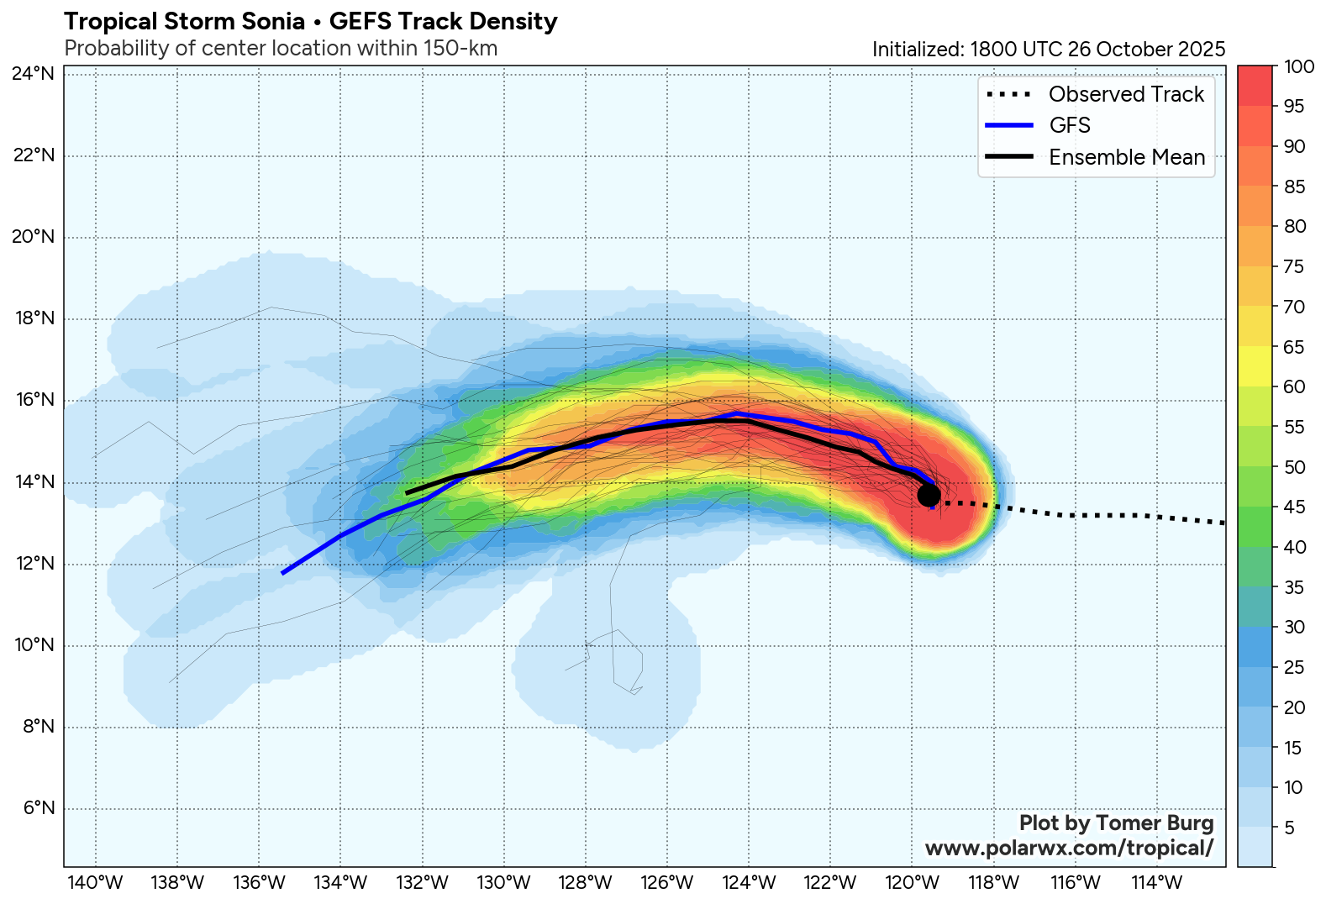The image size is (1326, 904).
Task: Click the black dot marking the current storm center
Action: [x=929, y=495]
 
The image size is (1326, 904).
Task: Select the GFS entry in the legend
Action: [x=1070, y=125]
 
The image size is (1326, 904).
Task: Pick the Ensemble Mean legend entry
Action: [x=1126, y=157]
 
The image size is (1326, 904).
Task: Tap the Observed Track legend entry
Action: [x=1126, y=94]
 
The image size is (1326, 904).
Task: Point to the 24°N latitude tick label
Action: [x=34, y=74]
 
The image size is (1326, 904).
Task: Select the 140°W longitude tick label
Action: [x=97, y=883]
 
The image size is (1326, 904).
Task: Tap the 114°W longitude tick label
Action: [x=1157, y=883]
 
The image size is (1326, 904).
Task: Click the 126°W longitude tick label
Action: [x=668, y=883]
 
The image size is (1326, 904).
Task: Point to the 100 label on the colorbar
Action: [x=1299, y=67]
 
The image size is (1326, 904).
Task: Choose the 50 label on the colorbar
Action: [x=1295, y=468]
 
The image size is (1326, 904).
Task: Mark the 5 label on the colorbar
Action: [x=1290, y=828]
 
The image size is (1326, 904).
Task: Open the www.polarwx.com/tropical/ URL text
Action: [x=1069, y=849]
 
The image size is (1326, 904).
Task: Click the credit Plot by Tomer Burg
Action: [x=1116, y=823]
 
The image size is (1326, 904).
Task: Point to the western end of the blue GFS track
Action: [x=283, y=573]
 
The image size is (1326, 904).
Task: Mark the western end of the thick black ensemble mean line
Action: [x=407, y=493]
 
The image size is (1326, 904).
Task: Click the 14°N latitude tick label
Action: [x=34, y=482]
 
